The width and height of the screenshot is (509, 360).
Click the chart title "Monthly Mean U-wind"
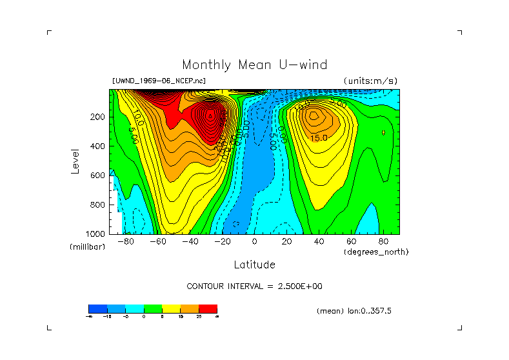click(x=254, y=65)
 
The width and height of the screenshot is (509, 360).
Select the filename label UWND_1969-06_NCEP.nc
click(x=159, y=81)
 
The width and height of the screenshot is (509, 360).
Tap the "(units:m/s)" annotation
click(x=370, y=81)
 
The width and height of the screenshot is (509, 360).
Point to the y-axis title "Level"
click(x=77, y=161)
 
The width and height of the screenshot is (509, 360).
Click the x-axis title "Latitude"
click(x=254, y=265)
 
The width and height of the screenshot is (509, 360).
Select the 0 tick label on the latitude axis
click(x=255, y=242)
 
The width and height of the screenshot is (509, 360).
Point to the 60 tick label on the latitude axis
click(x=351, y=242)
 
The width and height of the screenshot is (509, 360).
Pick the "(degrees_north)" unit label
click(x=376, y=252)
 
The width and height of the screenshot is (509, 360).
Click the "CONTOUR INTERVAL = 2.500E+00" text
click(x=254, y=286)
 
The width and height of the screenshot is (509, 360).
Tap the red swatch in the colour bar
click(x=208, y=308)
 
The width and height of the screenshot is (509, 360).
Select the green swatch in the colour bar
click(x=153, y=308)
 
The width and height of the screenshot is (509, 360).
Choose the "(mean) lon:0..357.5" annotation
click(x=354, y=310)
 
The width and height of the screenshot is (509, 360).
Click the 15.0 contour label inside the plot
click(x=319, y=137)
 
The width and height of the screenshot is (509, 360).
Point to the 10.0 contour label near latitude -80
click(x=138, y=119)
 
